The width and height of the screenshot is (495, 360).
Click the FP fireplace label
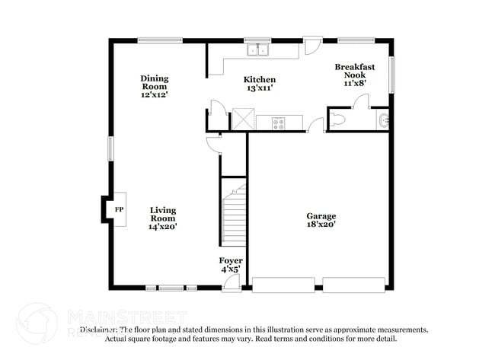[x=118, y=209]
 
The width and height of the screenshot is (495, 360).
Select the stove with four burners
[x=278, y=123]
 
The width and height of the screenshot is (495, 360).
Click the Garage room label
[x=321, y=216]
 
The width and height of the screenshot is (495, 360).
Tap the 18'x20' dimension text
[x=321, y=225]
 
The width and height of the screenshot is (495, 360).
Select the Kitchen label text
[x=259, y=80]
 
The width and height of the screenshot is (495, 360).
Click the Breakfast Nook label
[x=355, y=72]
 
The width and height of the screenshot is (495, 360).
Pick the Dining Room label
[x=154, y=82]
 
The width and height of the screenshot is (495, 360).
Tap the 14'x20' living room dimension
[x=163, y=227]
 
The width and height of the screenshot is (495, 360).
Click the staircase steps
[x=234, y=217]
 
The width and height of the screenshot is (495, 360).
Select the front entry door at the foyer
[x=232, y=285]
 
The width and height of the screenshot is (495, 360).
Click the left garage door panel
[x=283, y=285]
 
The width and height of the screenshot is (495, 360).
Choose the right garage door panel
[x=353, y=285]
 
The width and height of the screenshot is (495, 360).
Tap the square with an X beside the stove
[x=242, y=120]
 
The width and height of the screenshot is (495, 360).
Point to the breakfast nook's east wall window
[x=392, y=75]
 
